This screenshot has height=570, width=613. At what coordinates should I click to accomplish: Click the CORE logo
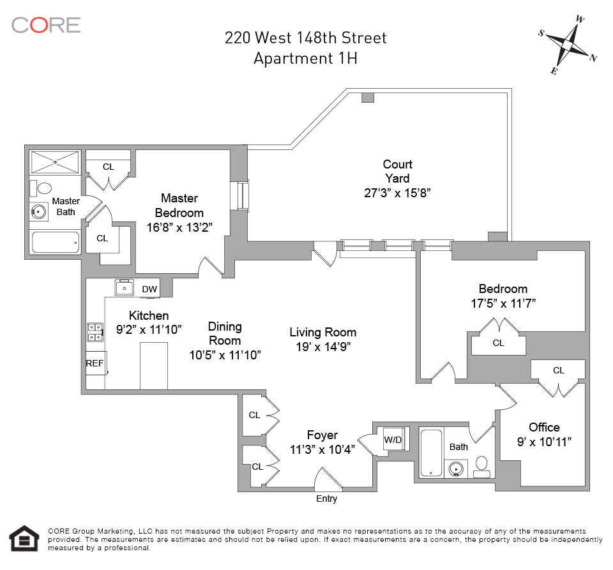(x=46, y=25)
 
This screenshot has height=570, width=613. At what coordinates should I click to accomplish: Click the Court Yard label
(x=397, y=171)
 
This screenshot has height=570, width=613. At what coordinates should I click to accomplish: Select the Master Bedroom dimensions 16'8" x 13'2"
(x=179, y=227)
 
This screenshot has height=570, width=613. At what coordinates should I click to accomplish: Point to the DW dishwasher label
(x=149, y=289)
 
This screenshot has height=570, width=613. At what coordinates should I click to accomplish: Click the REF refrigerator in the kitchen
(x=96, y=363)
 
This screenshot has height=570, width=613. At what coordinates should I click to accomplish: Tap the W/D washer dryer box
(x=393, y=439)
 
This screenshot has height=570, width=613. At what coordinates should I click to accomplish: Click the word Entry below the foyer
(x=326, y=499)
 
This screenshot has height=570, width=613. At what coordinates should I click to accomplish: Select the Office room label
(x=544, y=427)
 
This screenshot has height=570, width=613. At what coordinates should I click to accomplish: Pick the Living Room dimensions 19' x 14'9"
(x=323, y=347)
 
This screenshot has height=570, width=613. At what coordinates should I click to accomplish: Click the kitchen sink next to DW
(x=125, y=287)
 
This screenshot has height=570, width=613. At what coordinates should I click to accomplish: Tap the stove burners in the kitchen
(x=95, y=332)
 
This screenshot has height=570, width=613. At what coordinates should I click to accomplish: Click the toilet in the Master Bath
(x=41, y=188)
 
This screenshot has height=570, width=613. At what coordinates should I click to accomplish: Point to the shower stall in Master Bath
(x=55, y=162)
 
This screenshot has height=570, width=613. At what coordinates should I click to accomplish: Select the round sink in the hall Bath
(x=455, y=468)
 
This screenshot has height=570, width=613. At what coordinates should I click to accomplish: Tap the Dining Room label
(x=225, y=333)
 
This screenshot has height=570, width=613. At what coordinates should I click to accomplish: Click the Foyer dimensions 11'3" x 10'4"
(x=322, y=449)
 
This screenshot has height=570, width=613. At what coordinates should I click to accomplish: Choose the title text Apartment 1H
(x=305, y=58)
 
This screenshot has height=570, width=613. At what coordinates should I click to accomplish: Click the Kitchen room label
(x=149, y=315)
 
